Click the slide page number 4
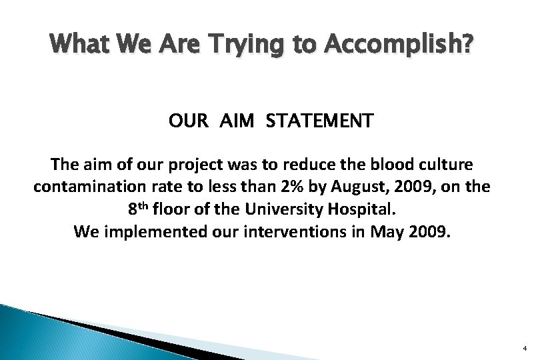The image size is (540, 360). click(x=525, y=348)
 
